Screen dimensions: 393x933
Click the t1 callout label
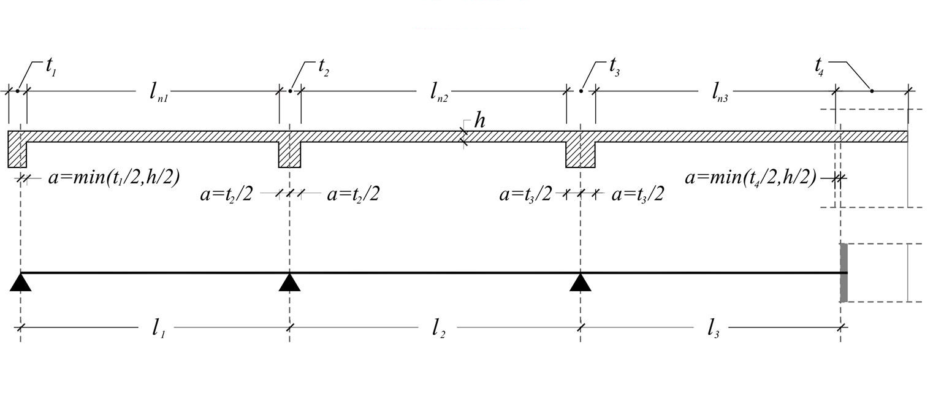tap(51, 67)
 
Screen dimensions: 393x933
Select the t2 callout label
tap(324, 67)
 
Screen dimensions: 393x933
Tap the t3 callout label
tap(615, 67)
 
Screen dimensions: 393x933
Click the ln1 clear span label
tap(158, 92)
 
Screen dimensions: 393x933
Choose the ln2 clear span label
tap(438, 92)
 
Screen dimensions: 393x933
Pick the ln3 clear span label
tap(720, 92)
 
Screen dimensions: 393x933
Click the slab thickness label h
tap(479, 121)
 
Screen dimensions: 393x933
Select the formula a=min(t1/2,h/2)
tap(113, 178)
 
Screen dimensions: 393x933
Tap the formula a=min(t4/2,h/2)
tap(750, 178)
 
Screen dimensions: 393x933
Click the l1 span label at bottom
tap(158, 329)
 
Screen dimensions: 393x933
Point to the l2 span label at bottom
tap(438, 329)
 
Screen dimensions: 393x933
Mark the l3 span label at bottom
tap(712, 329)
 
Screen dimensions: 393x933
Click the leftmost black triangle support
tap(21, 283)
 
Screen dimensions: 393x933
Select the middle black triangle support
tap(290, 283)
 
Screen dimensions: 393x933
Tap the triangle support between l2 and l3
tap(581, 283)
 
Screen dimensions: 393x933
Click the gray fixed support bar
tap(844, 273)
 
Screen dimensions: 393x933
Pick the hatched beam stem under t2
tap(290, 154)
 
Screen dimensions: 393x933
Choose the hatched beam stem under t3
tap(581, 154)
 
